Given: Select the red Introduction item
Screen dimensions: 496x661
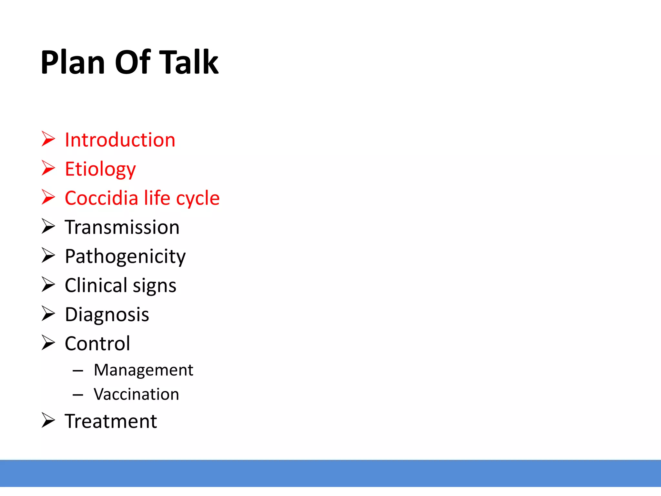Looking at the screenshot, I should (120, 140).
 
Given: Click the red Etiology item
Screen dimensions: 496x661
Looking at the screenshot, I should (100, 169).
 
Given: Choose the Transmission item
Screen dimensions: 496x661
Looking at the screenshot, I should (122, 227).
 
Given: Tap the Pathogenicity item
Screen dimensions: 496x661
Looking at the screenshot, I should (125, 257).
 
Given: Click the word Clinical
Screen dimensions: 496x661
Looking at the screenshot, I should (96, 285).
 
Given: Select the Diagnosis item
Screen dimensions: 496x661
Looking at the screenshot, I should (107, 315).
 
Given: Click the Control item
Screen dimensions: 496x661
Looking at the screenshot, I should (97, 344).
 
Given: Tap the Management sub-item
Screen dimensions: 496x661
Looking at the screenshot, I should (143, 370).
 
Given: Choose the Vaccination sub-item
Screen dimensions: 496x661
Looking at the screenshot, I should (136, 394).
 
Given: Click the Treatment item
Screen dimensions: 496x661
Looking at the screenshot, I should (111, 421).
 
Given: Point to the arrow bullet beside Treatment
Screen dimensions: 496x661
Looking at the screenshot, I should (48, 420).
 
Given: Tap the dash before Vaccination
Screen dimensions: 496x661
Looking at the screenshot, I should (78, 395).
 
